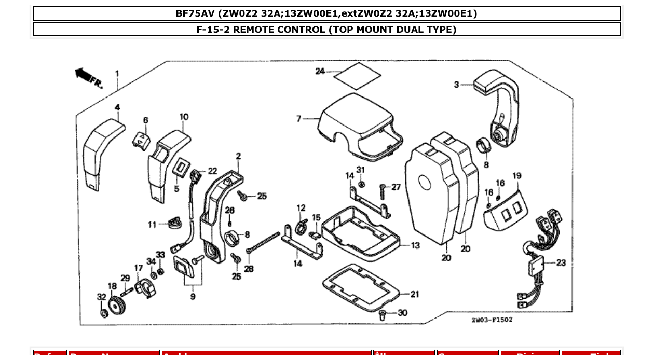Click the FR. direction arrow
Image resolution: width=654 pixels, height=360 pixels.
point(85,75)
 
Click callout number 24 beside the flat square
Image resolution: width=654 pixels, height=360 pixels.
point(320,71)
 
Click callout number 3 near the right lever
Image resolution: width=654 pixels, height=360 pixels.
point(456,85)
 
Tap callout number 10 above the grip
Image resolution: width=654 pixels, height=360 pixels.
point(184,117)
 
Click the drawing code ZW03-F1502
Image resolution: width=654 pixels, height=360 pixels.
point(492,320)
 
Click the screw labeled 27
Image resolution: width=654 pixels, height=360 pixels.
point(383,192)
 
